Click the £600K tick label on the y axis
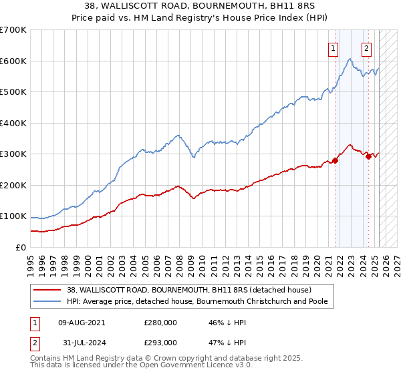pos(13,61)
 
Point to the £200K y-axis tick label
pos(13,185)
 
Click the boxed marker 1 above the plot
pos(333,47)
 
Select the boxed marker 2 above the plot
pos(367,47)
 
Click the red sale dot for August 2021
pos(335,160)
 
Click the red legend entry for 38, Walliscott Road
pos(188,290)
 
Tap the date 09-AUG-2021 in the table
pos(82,322)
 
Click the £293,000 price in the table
pos(160,343)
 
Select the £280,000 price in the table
pos(160,322)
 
